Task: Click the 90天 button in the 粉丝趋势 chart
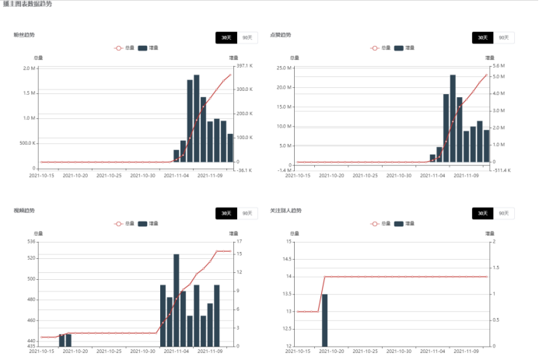tap(247, 37)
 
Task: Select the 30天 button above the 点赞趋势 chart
tap(482, 37)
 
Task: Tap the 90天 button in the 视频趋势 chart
tap(247, 213)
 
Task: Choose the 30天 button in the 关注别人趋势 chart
tap(482, 213)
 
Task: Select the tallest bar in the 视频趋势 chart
tap(177, 299)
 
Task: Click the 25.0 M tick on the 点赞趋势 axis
tap(285, 68)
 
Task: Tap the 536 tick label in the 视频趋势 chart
tap(31, 242)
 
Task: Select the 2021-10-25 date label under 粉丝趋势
tap(114, 175)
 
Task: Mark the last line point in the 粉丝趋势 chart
tap(230, 75)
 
